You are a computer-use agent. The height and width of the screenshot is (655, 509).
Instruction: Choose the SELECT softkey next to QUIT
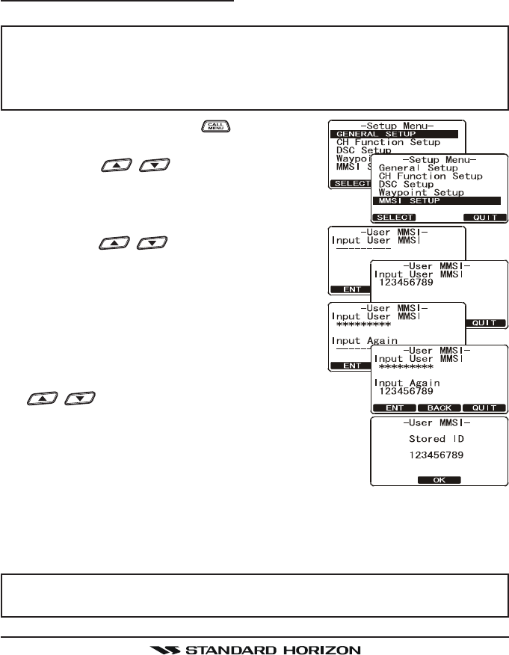click(395, 217)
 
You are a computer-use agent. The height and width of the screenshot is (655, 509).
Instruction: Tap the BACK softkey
click(439, 408)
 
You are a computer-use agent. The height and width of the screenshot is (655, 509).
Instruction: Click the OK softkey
click(439, 481)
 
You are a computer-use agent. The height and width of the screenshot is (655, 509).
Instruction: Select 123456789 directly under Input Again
click(407, 391)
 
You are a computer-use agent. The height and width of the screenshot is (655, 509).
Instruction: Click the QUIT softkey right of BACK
click(484, 408)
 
